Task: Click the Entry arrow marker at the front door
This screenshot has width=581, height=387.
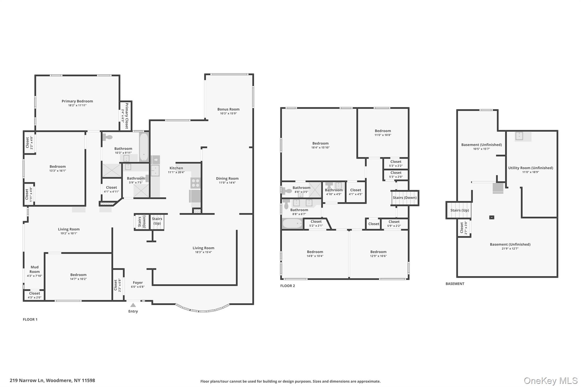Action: pyautogui.click(x=133, y=305)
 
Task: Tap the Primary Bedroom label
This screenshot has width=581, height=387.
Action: pyautogui.click(x=77, y=101)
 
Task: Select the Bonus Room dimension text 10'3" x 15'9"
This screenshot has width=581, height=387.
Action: pyautogui.click(x=228, y=113)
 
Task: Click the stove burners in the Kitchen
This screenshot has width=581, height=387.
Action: pyautogui.click(x=195, y=183)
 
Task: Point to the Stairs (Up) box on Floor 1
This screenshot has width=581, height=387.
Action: pyautogui.click(x=157, y=221)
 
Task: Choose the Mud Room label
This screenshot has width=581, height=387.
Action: pyautogui.click(x=35, y=269)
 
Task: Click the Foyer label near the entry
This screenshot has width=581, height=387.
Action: pyautogui.click(x=138, y=283)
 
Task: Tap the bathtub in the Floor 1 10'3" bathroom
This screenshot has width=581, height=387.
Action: pyautogui.click(x=144, y=147)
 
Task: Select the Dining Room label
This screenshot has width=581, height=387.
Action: pyautogui.click(x=227, y=178)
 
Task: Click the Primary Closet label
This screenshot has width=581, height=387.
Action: pyautogui.click(x=127, y=116)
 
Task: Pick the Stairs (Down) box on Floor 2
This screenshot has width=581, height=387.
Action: pyautogui.click(x=405, y=198)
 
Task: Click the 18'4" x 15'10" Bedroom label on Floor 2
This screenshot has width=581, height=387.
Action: pyautogui.click(x=320, y=143)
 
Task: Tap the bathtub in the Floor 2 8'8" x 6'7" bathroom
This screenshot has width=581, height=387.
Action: pyautogui.click(x=292, y=224)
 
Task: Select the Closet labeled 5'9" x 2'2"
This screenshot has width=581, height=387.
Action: pyautogui.click(x=394, y=224)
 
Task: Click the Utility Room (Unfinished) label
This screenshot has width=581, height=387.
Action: pyautogui.click(x=531, y=168)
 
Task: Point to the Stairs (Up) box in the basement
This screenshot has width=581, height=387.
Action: pyautogui.click(x=459, y=210)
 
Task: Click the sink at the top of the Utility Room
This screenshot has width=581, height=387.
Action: pyautogui.click(x=519, y=136)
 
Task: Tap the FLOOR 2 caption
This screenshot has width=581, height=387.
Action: pyautogui.click(x=287, y=286)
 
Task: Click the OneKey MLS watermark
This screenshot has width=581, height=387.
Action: pyautogui.click(x=550, y=380)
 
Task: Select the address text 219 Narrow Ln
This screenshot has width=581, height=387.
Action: pyautogui.click(x=27, y=380)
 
